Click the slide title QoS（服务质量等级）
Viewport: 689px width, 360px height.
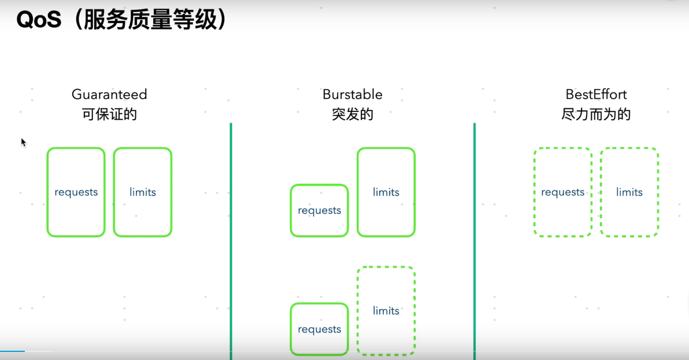(x=121, y=21)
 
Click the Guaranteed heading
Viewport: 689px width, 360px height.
(x=109, y=94)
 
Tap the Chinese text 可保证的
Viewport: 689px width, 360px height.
(x=109, y=114)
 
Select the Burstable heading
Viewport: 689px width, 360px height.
(x=353, y=94)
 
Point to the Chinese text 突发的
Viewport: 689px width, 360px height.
(x=353, y=114)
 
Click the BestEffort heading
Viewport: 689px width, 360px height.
(x=596, y=94)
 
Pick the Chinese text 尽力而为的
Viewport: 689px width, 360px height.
(x=596, y=114)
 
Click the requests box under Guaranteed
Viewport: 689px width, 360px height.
(x=76, y=192)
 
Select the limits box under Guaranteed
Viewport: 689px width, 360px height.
(x=143, y=192)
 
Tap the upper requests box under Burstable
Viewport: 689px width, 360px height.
(x=320, y=210)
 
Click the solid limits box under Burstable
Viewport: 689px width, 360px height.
(x=386, y=192)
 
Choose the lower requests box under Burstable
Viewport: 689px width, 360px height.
(x=320, y=329)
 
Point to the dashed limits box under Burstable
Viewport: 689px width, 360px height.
(x=386, y=311)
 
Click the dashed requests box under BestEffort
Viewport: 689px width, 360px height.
(x=563, y=192)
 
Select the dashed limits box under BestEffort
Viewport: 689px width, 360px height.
(x=629, y=192)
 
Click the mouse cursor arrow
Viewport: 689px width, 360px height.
(x=23, y=142)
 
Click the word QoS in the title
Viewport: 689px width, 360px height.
(x=39, y=21)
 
